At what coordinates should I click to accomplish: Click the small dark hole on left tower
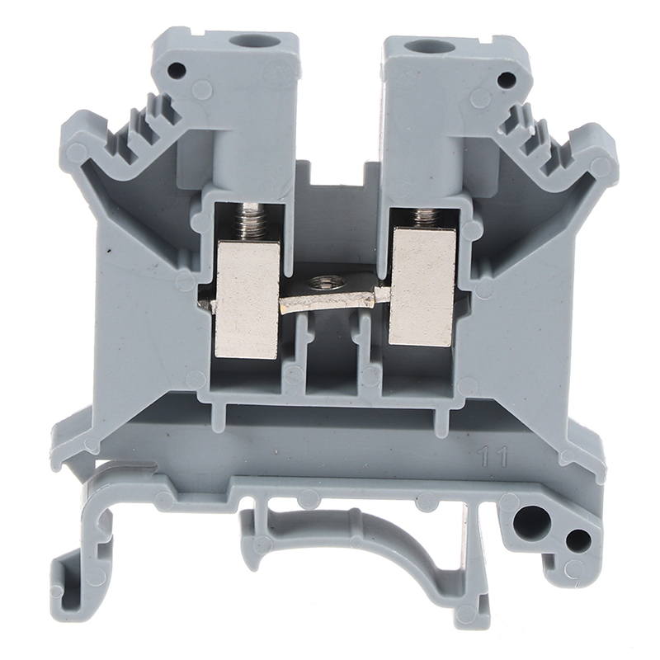pos(177,68)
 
